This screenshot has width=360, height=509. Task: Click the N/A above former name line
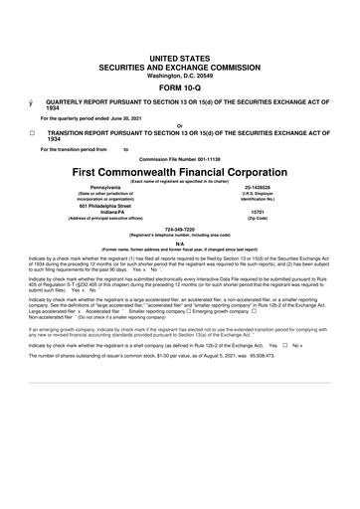tap(179, 243)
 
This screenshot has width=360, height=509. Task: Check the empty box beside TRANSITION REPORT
tap(32, 131)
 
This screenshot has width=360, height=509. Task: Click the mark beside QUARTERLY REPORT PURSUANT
tap(32, 102)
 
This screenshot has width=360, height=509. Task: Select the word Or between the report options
tap(179, 125)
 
